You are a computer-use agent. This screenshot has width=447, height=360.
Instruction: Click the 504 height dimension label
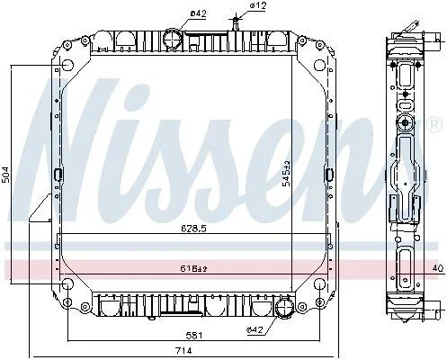pyautogui.click(x=6, y=175)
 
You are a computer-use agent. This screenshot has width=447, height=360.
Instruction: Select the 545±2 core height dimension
pyautogui.click(x=287, y=174)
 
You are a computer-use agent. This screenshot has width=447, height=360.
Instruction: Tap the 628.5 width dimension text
pyautogui.click(x=193, y=229)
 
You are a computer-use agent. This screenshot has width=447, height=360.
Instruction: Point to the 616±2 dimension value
pyautogui.click(x=193, y=269)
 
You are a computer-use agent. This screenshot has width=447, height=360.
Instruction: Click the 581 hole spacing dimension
pyautogui.click(x=193, y=335)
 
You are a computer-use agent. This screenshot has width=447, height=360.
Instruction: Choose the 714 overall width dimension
pyautogui.click(x=183, y=350)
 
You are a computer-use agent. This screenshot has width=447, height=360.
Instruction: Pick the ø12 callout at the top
pyautogui.click(x=258, y=5)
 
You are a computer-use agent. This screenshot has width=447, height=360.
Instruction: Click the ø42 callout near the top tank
pyautogui.click(x=199, y=13)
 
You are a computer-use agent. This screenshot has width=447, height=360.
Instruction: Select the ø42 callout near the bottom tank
pyautogui.click(x=255, y=330)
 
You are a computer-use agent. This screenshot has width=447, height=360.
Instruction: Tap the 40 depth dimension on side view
pyautogui.click(x=438, y=268)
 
